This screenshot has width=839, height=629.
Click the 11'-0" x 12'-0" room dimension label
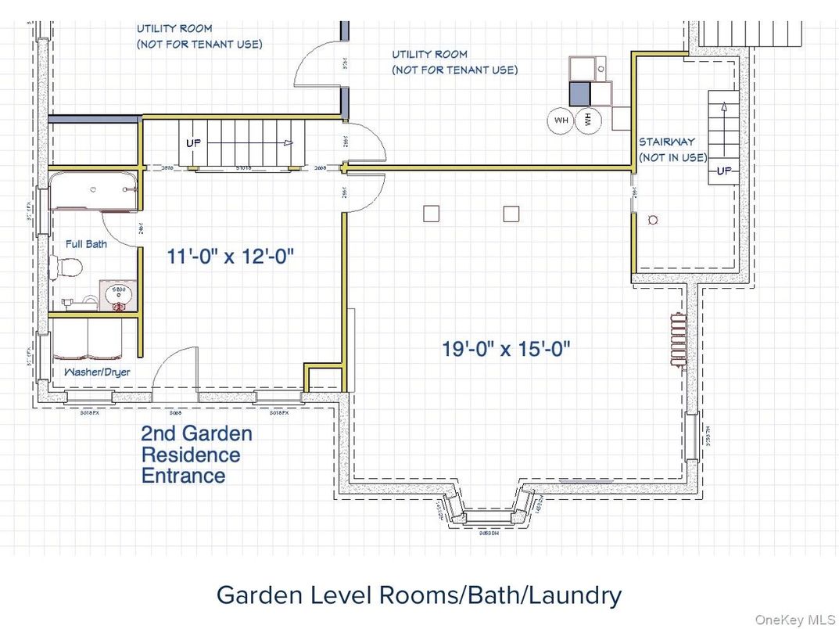[x=231, y=256]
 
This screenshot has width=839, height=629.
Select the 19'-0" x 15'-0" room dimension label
[x=507, y=348]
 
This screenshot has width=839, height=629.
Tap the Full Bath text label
[x=86, y=244]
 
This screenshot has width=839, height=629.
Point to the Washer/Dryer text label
[x=98, y=372]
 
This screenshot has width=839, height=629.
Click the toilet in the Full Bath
[x=66, y=268]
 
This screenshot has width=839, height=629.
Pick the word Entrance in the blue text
[x=183, y=476]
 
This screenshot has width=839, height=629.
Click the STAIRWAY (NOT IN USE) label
[x=672, y=149]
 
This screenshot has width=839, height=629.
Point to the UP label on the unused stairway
[x=724, y=171]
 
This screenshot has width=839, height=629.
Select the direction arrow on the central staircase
[x=288, y=143]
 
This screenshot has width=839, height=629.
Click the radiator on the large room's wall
[x=676, y=338]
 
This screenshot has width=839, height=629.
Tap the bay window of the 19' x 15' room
[x=487, y=511]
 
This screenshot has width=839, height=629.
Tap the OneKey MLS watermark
[x=795, y=619]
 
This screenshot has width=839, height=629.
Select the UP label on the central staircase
[x=193, y=143]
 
